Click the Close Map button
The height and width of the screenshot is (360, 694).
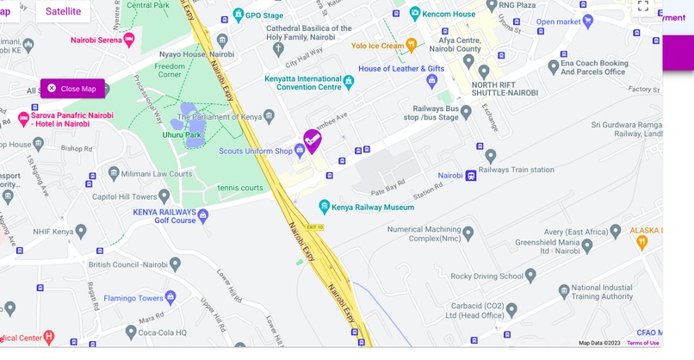tap(72, 89)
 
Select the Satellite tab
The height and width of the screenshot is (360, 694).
tap(63, 11)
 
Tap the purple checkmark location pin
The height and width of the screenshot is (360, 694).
tap(313, 140)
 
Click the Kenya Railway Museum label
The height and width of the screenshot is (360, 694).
tap(373, 207)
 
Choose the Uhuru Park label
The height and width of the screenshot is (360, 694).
tap(182, 134)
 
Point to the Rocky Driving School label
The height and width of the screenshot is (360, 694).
tap(487, 276)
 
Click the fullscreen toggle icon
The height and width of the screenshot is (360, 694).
tap(642, 8)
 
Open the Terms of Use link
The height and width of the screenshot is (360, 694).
tap(642, 343)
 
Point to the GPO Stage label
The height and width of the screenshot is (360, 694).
tap(263, 16)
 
